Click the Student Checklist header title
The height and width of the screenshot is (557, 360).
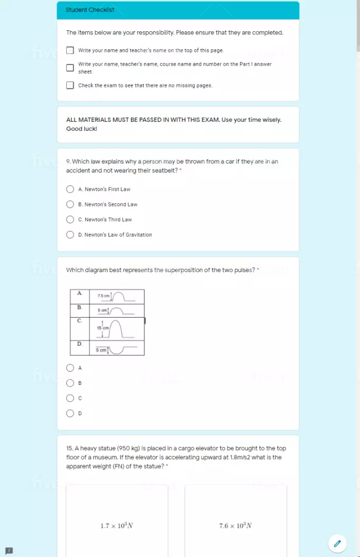[x=89, y=10]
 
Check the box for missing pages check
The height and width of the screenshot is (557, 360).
[x=70, y=85]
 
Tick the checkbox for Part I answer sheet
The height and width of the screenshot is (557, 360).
[x=70, y=68]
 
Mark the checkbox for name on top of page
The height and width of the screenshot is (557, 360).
[x=70, y=51]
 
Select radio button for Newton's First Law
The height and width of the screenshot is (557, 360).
[x=70, y=189]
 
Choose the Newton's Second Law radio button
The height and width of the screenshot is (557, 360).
[x=70, y=204]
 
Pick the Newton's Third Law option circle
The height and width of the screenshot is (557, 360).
[x=70, y=220]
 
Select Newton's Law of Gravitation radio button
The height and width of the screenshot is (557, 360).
[x=70, y=235]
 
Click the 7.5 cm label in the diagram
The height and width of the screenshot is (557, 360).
[x=103, y=295]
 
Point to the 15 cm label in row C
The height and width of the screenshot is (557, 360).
[x=102, y=328]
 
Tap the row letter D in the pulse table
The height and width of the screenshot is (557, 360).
[x=79, y=344]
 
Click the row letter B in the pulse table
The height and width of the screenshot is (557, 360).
[x=79, y=307]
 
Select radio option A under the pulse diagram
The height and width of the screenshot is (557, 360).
[x=70, y=368]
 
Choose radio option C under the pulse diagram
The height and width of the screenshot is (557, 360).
[x=70, y=398]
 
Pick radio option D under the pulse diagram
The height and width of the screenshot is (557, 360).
[x=70, y=414]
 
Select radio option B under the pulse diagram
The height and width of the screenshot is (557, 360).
[x=70, y=383]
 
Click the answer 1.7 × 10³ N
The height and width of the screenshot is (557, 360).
[x=117, y=526]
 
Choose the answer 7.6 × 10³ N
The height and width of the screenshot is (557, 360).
[x=236, y=526]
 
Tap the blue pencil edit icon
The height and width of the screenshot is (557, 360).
[x=337, y=543]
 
